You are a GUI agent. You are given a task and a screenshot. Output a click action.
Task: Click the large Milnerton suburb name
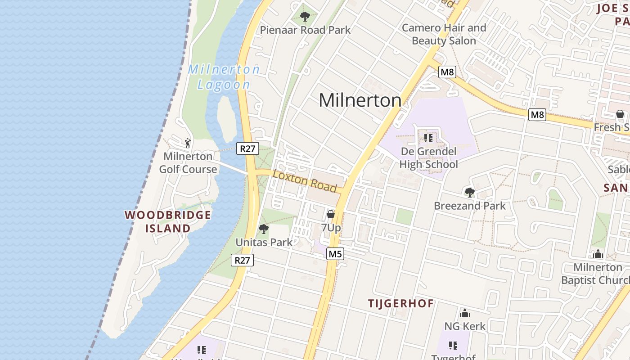(360, 100)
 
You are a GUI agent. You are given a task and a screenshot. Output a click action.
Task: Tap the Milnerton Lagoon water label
(224, 77)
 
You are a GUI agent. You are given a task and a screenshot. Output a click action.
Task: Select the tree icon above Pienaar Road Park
(305, 17)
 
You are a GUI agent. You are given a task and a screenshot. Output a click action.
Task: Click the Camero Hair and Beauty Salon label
(444, 34)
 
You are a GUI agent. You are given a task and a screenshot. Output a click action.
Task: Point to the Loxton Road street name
(305, 180)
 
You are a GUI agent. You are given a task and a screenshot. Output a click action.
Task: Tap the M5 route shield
(335, 254)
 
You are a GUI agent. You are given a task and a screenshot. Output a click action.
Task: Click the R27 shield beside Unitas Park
(242, 260)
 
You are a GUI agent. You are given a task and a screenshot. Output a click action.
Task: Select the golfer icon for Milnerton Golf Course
(188, 143)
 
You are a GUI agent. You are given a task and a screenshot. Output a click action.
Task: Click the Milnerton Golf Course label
(188, 162)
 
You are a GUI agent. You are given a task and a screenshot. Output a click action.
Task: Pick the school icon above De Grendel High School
(428, 137)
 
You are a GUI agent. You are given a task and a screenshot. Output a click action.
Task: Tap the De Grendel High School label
(428, 157)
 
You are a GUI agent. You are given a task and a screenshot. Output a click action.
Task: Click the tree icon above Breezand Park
(469, 193)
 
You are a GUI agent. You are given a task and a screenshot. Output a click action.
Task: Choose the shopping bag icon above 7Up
(331, 214)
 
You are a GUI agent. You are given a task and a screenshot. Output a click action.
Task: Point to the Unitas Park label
(264, 242)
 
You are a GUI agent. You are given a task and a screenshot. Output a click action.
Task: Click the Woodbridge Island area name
(168, 221)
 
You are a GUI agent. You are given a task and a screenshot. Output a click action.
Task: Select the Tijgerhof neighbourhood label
(401, 303)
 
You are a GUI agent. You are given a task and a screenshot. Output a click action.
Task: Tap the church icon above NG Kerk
(465, 313)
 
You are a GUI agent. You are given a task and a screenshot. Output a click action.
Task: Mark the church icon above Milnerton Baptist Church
(598, 254)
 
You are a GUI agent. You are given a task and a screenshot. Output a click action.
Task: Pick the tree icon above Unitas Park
(264, 229)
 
